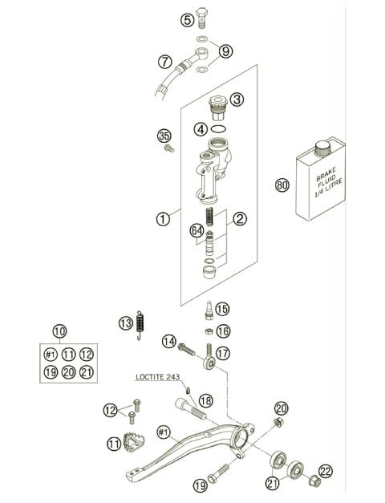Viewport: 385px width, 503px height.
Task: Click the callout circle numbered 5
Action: tap(187, 19)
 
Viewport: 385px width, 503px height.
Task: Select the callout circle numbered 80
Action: tap(282, 185)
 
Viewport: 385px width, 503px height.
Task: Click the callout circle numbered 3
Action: tap(237, 99)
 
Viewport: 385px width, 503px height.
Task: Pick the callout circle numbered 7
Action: tap(165, 60)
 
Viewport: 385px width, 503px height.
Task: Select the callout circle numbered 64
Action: tap(197, 231)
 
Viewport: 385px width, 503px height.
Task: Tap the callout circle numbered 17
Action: tap(222, 351)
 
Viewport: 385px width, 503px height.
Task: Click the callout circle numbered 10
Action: tap(59, 331)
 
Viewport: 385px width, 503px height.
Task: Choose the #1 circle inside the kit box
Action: tap(50, 354)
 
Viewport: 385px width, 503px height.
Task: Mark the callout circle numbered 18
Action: tap(205, 400)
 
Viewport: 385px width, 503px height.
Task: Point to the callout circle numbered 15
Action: tap(222, 308)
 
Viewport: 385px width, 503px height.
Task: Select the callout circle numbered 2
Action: tap(239, 217)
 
